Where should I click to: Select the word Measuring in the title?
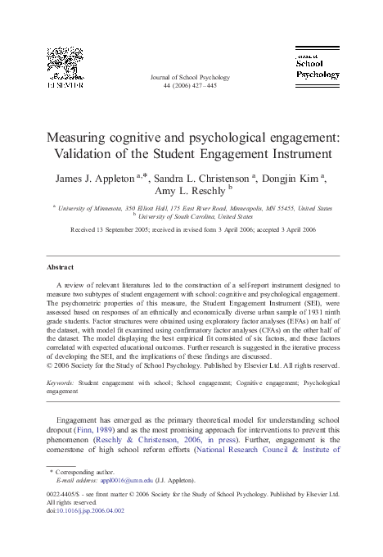83,137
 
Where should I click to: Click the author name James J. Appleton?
94,177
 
